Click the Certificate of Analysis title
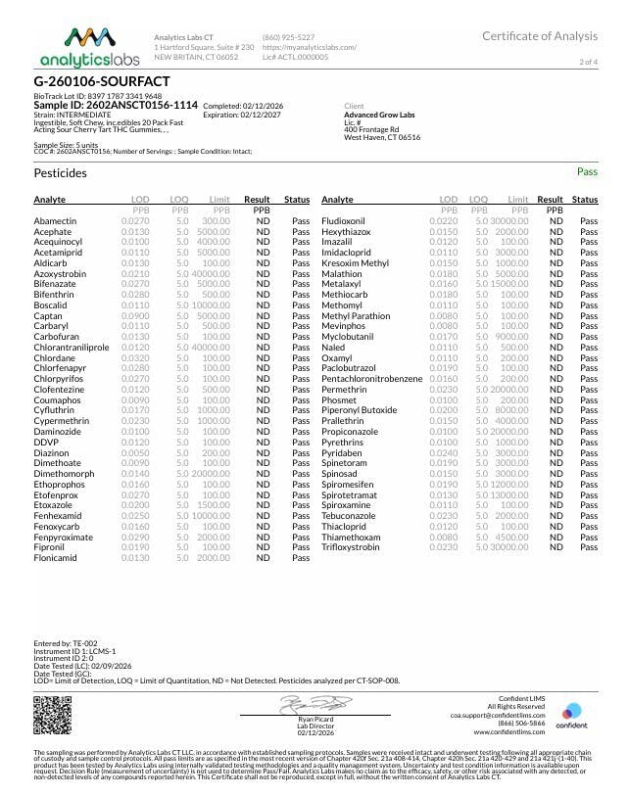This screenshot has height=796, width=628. [x=539, y=36]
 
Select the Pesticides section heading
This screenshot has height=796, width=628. [x=61, y=173]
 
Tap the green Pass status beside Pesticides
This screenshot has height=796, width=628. [x=587, y=172]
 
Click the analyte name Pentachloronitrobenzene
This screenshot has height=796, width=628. [x=378, y=375]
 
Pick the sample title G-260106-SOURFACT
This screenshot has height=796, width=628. [x=102, y=80]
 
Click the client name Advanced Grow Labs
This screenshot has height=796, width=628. [x=381, y=115]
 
